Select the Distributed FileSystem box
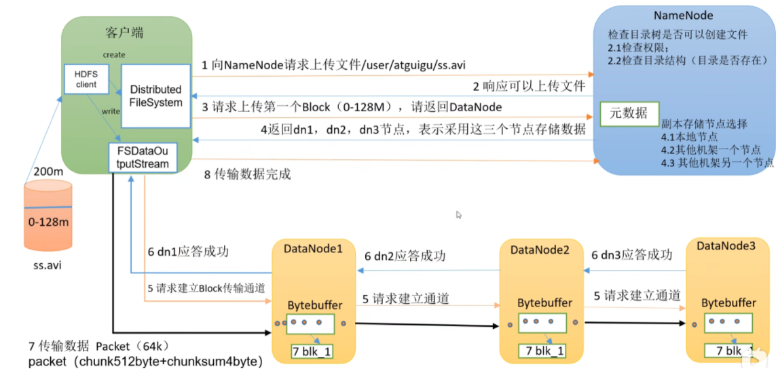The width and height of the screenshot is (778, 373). (x=155, y=96)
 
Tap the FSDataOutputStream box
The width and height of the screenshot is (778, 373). (x=143, y=157)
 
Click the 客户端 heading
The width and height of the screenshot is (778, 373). (x=125, y=33)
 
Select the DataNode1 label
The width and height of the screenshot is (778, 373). (x=313, y=249)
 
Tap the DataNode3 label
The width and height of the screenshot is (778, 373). (x=726, y=246)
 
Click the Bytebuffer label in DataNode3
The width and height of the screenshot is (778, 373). (x=728, y=302)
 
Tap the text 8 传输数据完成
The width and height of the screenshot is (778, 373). (x=247, y=174)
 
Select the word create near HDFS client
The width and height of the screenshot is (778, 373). (x=114, y=54)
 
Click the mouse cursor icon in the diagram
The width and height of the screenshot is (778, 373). (x=459, y=215)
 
